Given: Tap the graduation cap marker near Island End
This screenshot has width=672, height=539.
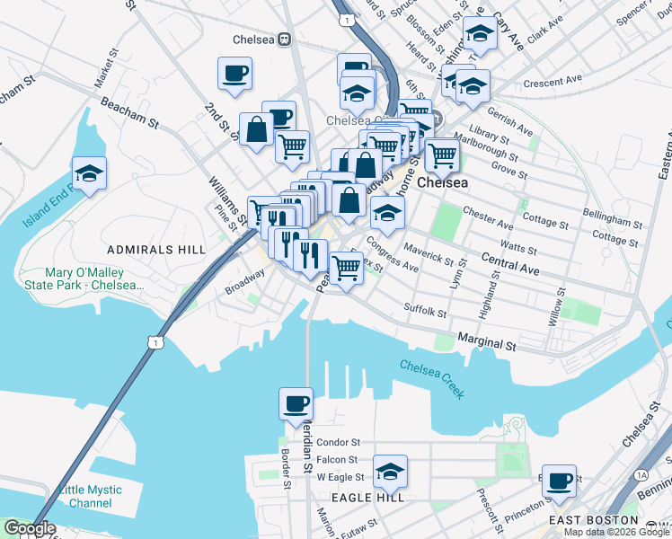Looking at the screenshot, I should pos(89,172).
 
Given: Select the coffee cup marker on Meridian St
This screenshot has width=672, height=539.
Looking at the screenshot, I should pos(296,403).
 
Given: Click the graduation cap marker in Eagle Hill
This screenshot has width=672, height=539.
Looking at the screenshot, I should pos(390,471).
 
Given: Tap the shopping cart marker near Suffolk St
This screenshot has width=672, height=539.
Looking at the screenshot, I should pos(346,267).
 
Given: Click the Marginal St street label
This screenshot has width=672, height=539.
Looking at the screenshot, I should pos(487,343).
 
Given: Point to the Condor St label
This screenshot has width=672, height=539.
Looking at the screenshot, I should pos(339,442).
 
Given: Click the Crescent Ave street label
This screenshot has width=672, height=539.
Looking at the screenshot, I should pos(554,83).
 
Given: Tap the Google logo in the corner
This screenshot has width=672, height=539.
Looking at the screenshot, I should pos(30,528).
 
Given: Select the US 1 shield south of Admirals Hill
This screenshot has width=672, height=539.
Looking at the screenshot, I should pos(158,342).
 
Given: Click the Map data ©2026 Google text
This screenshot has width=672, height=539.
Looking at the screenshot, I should pos(616,532).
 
